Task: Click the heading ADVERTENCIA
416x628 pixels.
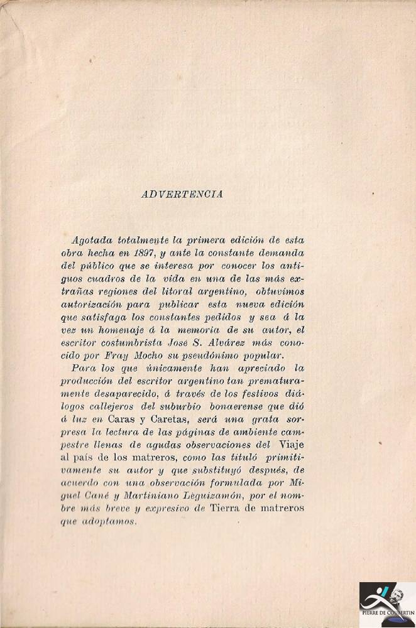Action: (182, 195)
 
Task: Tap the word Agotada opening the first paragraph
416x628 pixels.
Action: (92, 240)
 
